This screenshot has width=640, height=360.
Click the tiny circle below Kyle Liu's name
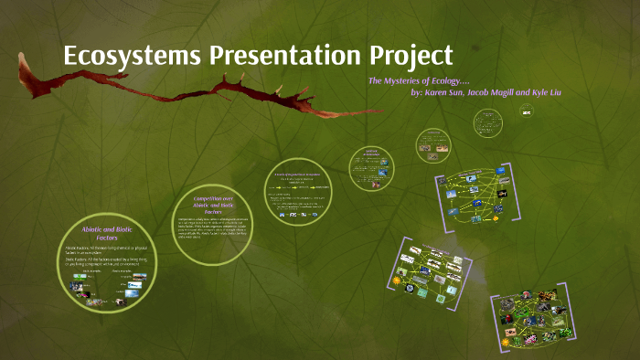(x=526, y=111)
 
